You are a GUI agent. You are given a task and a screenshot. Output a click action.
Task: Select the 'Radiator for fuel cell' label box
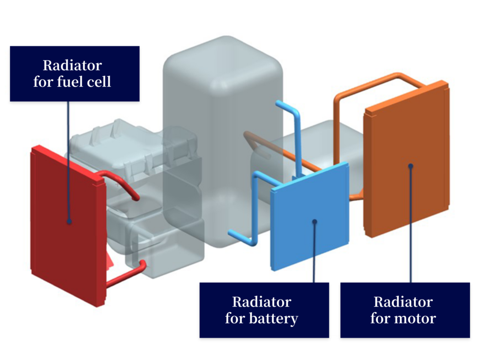(75, 74)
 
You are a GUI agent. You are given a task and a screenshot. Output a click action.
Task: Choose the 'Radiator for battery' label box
(264, 310)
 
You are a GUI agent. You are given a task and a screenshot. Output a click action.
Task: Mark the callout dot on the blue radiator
(314, 221)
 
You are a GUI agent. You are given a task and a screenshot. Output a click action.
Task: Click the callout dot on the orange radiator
(411, 165)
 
